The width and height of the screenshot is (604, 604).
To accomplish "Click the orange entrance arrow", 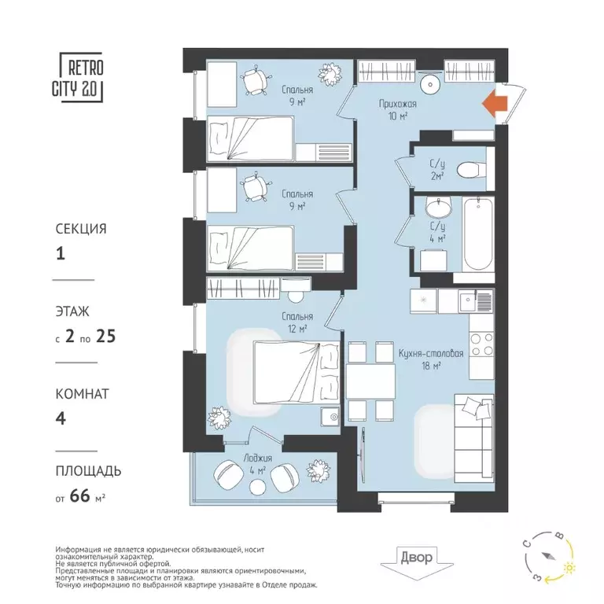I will (x=493, y=104).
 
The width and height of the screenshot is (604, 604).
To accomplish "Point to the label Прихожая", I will (x=396, y=103).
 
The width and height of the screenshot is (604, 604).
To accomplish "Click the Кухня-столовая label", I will (x=431, y=354).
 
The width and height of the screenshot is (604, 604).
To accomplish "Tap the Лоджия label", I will (x=257, y=459).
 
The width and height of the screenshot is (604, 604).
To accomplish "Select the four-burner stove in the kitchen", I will (x=481, y=345).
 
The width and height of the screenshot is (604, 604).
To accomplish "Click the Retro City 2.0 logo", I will (x=81, y=75).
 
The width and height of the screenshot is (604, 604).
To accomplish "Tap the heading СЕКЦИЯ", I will (x=80, y=229).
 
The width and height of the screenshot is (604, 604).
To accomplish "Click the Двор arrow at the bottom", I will (x=415, y=560).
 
